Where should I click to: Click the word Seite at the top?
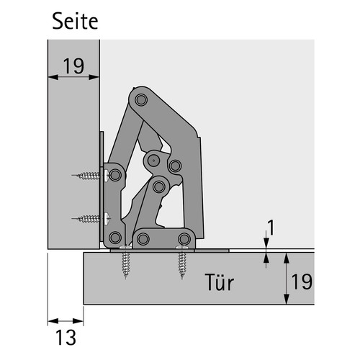coord(75,21)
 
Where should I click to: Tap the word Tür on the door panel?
coord(220,282)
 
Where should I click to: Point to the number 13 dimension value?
coord(66,337)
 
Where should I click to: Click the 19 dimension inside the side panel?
coord(73,66)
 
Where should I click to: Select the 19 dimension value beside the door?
coord(302,282)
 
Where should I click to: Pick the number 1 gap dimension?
coord(271,228)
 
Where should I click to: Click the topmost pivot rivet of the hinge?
coord(141,99)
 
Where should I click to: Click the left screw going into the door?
coord(126,262)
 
